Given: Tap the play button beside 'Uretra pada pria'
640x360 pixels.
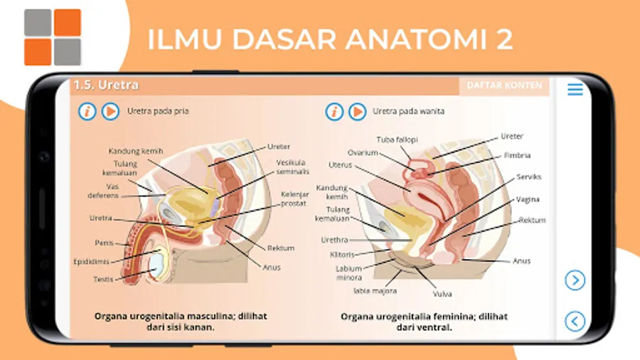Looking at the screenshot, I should click(110, 112).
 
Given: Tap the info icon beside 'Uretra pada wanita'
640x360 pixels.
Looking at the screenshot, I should click(334, 112).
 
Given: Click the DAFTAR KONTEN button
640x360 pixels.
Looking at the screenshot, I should click(504, 85).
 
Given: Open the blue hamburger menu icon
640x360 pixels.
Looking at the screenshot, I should click(575, 90).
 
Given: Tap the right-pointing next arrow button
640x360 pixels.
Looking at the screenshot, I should click(575, 280).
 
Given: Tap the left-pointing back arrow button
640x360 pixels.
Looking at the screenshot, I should click(575, 321).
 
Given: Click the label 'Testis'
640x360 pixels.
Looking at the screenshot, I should click(104, 279).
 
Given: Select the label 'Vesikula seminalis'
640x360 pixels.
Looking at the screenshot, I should click(292, 167).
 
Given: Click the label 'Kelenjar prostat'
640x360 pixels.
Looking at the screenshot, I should click(293, 198).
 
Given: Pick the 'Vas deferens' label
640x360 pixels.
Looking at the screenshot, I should click(103, 191).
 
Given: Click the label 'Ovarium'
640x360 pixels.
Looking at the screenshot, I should click(362, 152).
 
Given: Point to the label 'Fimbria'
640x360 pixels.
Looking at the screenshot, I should click(517, 155).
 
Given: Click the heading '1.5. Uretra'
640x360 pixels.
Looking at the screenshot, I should click(106, 85).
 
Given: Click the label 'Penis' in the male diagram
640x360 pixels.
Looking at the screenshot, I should click(105, 243).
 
